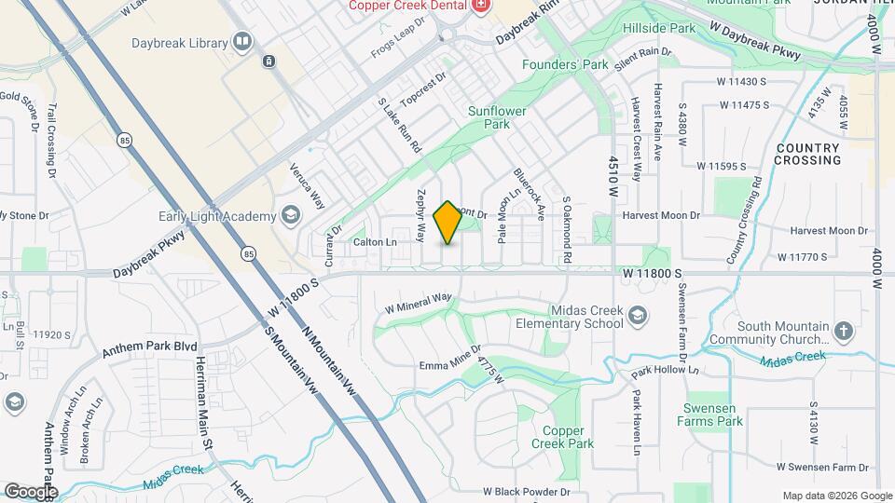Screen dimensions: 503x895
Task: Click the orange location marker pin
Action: coord(448,223)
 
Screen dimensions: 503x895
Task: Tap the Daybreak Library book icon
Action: coord(242,42)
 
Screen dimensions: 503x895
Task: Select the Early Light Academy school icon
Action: coord(290,216)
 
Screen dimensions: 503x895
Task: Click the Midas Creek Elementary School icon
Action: coord(637,319)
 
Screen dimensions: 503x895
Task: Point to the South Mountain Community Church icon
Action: coord(843,331)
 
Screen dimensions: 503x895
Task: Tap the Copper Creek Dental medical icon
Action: coord(481,6)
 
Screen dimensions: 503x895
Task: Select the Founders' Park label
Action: coord(565,65)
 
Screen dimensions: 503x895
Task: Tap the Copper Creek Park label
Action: coord(569,437)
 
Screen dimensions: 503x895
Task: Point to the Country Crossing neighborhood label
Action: coord(808,154)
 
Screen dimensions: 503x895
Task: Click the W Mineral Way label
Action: coord(419,305)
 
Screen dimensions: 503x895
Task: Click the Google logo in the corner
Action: coord(31,491)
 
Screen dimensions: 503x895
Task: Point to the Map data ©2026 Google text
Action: coord(837,496)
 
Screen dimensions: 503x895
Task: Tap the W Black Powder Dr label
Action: coord(526,491)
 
